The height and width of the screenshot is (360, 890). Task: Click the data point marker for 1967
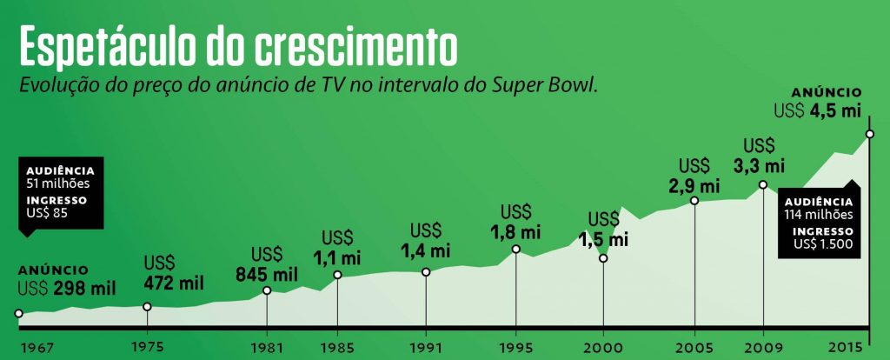coord(18,313)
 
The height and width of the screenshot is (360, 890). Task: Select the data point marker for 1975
coord(147,306)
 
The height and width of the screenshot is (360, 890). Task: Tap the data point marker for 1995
coord(516,250)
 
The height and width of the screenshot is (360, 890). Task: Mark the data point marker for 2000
coord(603,258)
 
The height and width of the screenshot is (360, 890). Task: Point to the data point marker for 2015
coord(870,134)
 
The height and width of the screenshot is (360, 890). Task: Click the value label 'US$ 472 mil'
coord(173,273)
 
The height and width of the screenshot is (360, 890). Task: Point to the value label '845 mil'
coord(267,274)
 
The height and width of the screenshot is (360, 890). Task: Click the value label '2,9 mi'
coord(694,185)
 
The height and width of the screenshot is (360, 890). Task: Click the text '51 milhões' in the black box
coord(58,183)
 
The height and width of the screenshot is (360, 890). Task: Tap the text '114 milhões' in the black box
coord(820,215)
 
